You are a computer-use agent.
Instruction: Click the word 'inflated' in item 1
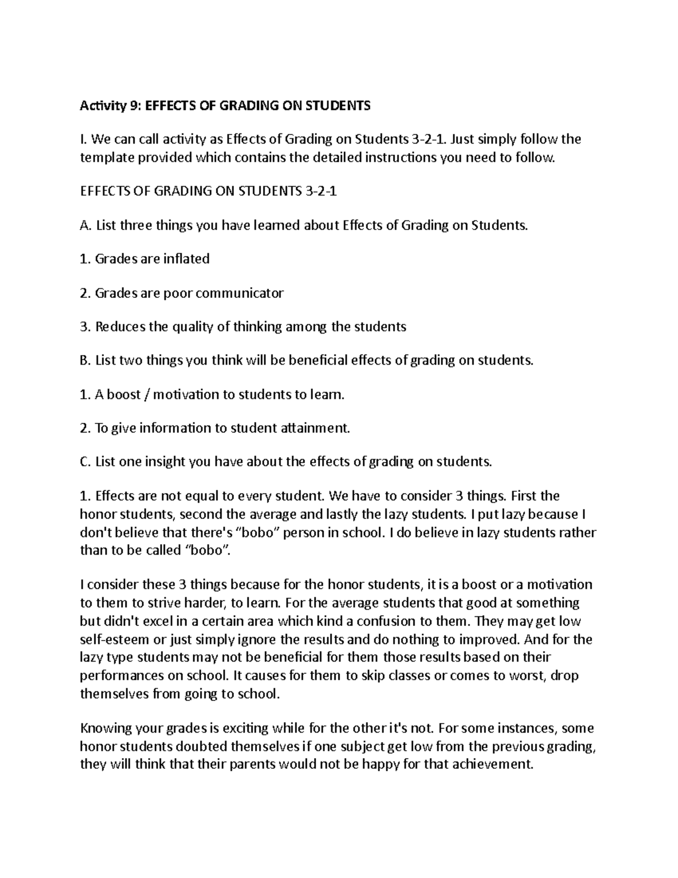point(186,259)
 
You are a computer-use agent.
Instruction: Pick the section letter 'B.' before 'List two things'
point(85,360)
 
